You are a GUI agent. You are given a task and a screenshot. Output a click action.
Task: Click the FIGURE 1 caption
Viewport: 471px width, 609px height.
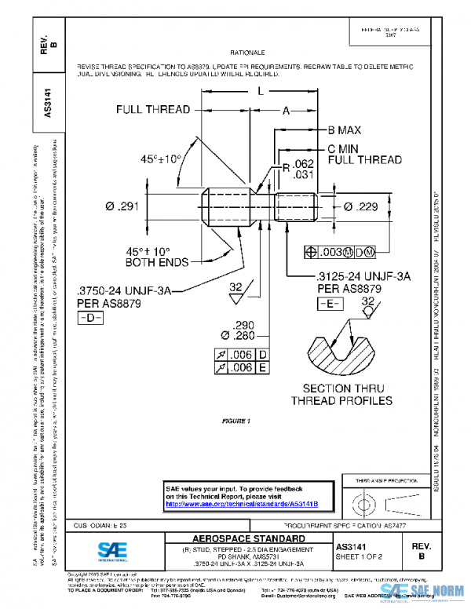point(235,421)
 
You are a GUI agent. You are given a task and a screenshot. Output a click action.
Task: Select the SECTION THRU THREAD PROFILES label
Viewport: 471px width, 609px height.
point(341,394)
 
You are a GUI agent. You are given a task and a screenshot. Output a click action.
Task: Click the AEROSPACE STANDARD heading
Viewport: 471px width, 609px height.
point(239,539)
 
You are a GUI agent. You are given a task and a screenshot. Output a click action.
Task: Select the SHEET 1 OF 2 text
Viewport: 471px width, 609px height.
point(363,556)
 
